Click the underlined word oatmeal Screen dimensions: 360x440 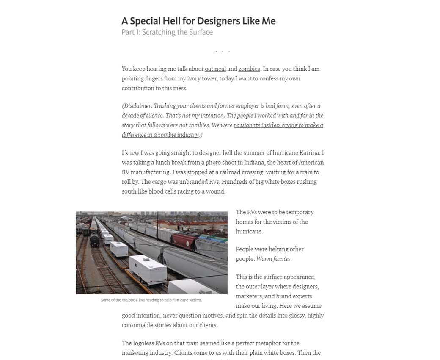tap(215, 69)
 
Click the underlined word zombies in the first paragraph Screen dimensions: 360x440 tap(249, 69)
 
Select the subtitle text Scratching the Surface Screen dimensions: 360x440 tap(177, 32)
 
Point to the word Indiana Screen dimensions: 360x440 tap(252, 163)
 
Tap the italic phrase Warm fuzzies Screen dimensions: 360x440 tap(274, 259)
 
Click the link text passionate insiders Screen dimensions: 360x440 tap(259, 125)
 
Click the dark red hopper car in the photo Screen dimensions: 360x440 tap(184, 239)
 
